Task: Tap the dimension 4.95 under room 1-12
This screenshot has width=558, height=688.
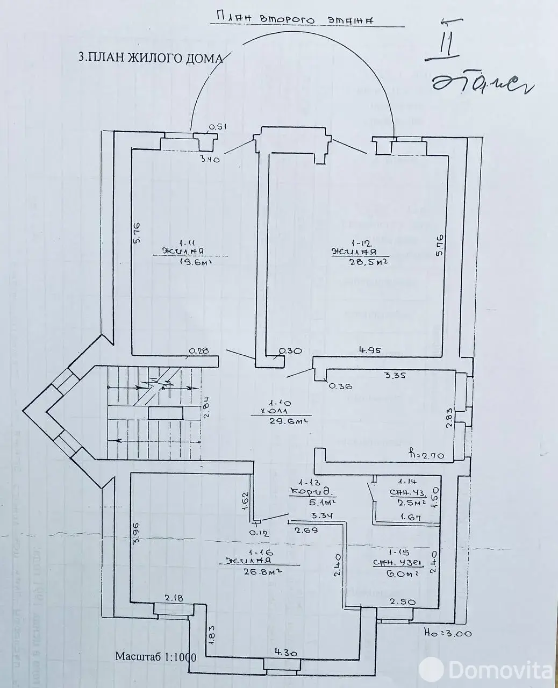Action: (x=370, y=350)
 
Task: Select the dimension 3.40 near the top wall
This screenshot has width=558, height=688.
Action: (x=210, y=159)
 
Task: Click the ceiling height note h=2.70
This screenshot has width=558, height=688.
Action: (x=426, y=455)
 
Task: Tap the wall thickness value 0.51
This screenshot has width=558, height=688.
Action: (x=218, y=127)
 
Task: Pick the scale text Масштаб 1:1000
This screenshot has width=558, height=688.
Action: (x=155, y=657)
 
